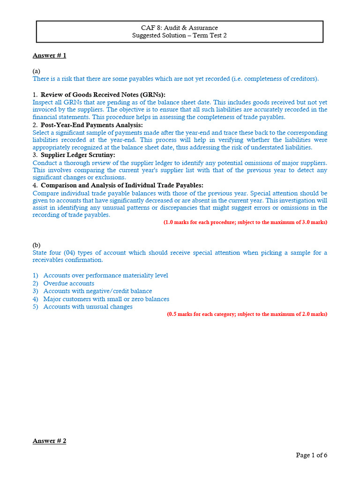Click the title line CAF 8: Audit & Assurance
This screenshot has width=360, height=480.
tap(180, 28)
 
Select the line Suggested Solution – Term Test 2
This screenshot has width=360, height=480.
tap(180, 36)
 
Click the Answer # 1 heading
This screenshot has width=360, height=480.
tap(49, 56)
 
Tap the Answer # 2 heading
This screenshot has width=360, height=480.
tap(49, 442)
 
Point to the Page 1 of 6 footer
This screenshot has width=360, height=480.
tap(311, 455)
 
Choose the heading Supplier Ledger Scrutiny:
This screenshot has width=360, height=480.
tap(77, 155)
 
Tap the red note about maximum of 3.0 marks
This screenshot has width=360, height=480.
tap(245, 222)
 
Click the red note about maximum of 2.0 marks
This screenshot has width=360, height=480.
tap(247, 314)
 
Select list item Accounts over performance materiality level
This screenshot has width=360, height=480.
tap(105, 276)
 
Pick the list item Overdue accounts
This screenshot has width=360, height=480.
tap(68, 284)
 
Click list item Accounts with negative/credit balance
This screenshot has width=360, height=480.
tap(97, 291)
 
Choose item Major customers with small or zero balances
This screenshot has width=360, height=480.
tap(106, 299)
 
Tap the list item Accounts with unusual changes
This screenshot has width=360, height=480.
tap(88, 307)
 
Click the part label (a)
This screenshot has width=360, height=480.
tap(37, 71)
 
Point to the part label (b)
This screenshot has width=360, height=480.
tap(37, 245)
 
